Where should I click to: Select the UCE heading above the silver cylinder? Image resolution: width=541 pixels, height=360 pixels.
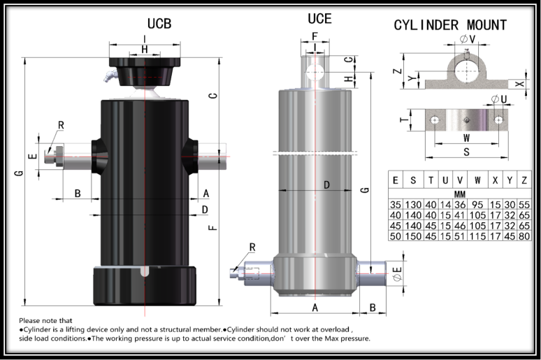click(x=319, y=19)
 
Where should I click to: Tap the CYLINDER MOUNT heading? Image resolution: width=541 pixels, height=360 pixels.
click(x=450, y=25)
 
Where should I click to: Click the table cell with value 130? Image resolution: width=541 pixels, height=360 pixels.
click(x=414, y=205)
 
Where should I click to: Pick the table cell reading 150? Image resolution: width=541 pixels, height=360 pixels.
click(x=414, y=236)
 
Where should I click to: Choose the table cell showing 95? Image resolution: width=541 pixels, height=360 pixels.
click(x=477, y=205)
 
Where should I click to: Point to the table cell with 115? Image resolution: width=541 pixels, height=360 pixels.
click(x=477, y=236)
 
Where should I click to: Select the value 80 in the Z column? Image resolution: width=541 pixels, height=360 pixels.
click(x=524, y=236)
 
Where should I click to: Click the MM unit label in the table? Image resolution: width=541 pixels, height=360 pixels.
click(x=459, y=193)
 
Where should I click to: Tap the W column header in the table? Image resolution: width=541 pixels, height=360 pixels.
click(x=477, y=180)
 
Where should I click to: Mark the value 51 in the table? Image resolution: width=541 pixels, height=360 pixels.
click(x=459, y=236)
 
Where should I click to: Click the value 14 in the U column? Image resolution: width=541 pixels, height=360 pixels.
click(x=445, y=205)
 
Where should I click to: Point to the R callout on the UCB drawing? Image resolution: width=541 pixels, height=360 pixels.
click(x=62, y=126)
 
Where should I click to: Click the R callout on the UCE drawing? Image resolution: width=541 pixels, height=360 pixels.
click(x=252, y=247)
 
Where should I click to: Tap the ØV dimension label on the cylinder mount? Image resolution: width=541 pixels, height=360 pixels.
click(x=468, y=39)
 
